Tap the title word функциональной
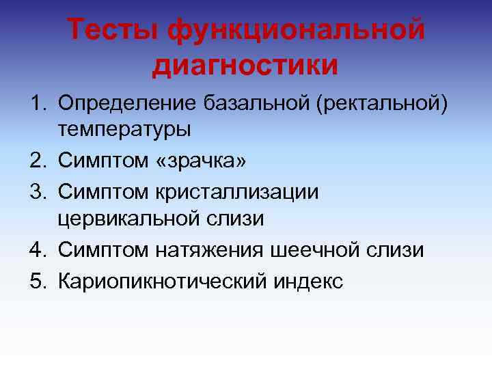297,29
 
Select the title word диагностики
246,66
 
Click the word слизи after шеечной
399,251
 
